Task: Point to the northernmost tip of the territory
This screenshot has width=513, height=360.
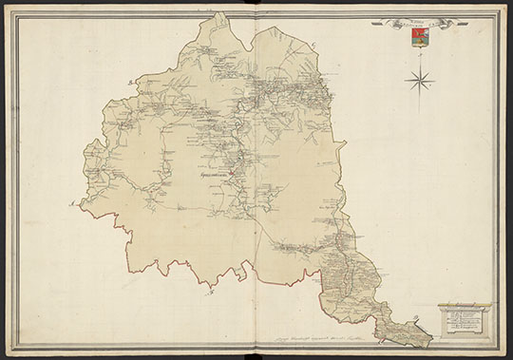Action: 219,13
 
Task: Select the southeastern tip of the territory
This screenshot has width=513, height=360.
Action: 429,340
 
